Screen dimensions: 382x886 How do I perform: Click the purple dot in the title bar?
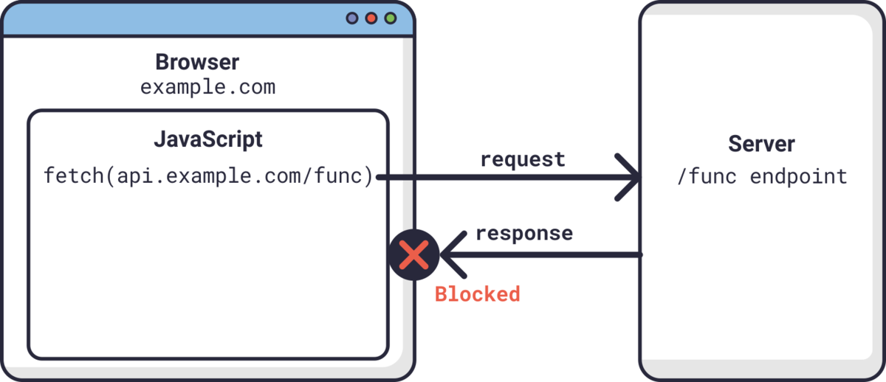tap(352, 18)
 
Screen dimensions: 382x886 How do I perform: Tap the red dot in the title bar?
tap(371, 18)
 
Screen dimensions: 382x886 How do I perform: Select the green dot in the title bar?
tap(391, 18)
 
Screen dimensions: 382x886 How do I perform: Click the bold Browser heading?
tap(197, 62)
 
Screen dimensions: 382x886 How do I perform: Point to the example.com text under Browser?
tap(207, 87)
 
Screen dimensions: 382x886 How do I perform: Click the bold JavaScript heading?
tap(207, 139)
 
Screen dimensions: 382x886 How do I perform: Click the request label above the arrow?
tap(522, 159)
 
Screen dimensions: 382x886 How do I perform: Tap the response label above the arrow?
tap(523, 233)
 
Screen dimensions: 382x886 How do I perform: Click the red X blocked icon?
tap(414, 255)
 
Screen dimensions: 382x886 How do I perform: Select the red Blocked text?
tap(477, 294)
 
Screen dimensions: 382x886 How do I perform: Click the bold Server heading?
tap(762, 144)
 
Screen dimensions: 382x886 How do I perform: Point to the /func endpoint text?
tap(762, 177)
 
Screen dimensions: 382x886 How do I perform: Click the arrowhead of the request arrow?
tap(631, 178)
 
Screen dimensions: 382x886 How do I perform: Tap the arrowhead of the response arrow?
tap(452, 255)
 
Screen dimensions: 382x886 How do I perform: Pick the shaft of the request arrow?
tap(502, 178)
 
